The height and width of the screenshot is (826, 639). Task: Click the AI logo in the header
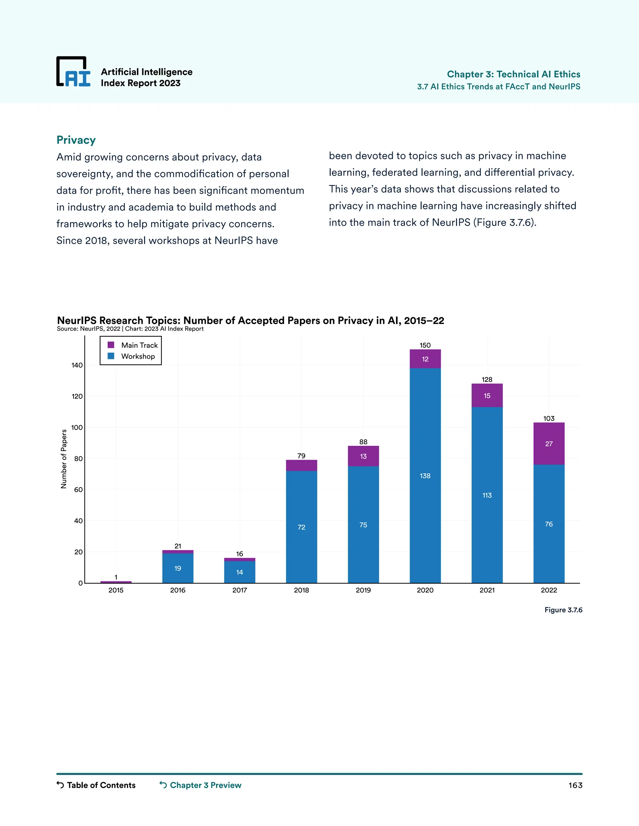pos(73,72)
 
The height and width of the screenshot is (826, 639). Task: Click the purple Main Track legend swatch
pos(111,345)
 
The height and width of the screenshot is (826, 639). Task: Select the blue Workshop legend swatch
pos(111,356)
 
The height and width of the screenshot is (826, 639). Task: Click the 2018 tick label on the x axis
pos(301,590)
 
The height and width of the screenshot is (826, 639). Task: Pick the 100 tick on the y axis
pos(77,427)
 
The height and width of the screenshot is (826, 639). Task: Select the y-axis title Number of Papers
pos(64,459)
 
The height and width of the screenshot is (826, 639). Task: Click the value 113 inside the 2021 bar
pos(487,495)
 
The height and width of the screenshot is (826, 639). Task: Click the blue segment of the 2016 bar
pos(178,568)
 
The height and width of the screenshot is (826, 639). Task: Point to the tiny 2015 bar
pos(116,582)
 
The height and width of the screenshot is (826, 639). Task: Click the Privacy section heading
pos(76,140)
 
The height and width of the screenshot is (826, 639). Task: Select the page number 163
pos(575,785)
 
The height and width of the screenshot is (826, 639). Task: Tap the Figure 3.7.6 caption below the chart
pos(563,610)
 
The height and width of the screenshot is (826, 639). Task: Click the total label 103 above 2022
pos(549,418)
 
